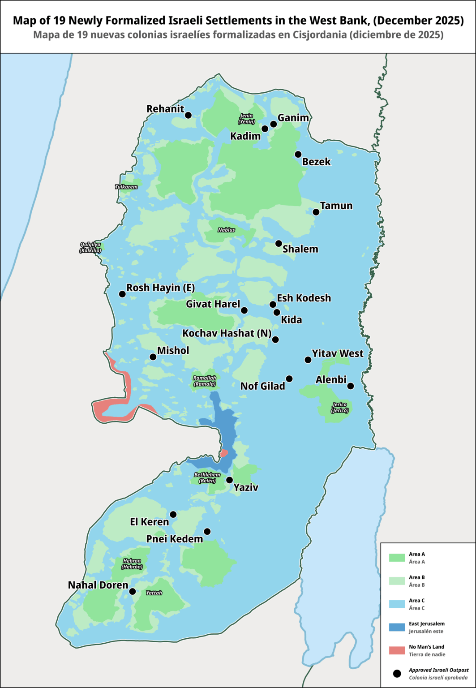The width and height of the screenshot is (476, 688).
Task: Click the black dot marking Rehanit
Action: click(188, 115)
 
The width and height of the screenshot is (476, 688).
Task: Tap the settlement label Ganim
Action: click(293, 118)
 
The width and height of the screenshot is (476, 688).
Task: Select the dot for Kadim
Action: click(265, 129)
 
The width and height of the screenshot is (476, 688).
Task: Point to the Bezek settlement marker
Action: click(298, 154)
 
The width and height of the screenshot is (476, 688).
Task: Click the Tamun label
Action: click(336, 206)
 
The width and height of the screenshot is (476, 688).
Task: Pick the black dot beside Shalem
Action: click(279, 243)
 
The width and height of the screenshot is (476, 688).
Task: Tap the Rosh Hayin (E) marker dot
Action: click(122, 294)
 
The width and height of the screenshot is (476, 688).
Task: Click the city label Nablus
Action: click(226, 230)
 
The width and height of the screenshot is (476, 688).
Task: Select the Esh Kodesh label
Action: click(304, 298)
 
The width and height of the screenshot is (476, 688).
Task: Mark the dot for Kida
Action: click(277, 312)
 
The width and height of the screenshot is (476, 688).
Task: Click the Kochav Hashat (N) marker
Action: click(275, 340)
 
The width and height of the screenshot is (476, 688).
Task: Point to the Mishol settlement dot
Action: click(153, 357)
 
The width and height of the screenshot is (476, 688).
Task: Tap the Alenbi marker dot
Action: click(351, 386)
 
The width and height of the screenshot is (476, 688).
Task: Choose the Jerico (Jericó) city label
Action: click(339, 408)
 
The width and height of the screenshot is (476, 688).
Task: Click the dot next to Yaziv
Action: click(229, 480)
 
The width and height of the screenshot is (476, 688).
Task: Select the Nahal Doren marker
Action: click(133, 591)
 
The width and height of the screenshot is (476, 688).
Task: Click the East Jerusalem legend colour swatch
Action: click(396, 627)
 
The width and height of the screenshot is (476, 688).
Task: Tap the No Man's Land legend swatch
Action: click(396, 650)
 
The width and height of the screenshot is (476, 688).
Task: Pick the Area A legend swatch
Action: click(396, 558)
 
